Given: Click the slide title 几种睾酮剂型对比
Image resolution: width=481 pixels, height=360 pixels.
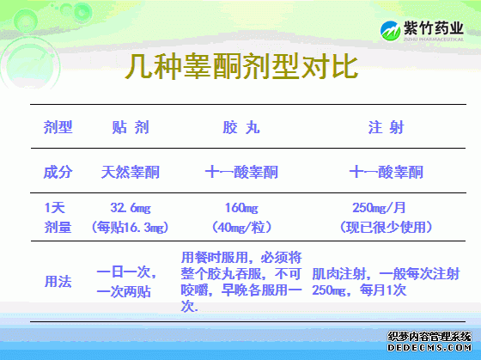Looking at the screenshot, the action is [x=241, y=66].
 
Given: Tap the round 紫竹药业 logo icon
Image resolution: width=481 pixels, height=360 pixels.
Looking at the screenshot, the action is [x=390, y=31].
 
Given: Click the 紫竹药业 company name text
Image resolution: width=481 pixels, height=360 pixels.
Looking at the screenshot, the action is [x=433, y=28].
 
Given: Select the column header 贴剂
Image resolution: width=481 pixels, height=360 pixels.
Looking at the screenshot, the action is [x=131, y=127].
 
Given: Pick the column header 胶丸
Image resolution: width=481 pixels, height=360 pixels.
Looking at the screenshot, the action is [x=241, y=127].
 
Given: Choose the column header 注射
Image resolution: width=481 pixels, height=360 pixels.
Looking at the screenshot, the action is [x=387, y=127].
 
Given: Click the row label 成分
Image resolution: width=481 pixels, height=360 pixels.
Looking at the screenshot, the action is [x=58, y=172].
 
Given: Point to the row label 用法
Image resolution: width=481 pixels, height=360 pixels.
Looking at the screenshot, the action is [x=58, y=281].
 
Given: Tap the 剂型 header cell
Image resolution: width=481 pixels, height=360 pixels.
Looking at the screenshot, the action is [x=58, y=127].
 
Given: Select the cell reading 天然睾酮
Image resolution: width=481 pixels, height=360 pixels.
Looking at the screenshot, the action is [x=131, y=172].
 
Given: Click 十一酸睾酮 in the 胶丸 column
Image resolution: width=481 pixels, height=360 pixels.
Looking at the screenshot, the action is [x=241, y=172].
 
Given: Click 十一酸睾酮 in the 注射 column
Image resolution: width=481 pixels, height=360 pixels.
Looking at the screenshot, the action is [x=387, y=172].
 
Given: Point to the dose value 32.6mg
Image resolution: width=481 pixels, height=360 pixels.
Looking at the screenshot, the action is [x=131, y=208].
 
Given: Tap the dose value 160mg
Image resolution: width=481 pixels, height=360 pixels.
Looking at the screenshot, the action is [x=241, y=208].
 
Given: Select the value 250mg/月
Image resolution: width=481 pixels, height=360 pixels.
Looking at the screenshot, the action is [x=379, y=208].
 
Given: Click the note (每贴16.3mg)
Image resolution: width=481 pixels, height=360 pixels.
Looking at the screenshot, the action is [x=130, y=228].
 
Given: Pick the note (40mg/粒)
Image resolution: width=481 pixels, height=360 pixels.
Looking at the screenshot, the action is [x=241, y=228].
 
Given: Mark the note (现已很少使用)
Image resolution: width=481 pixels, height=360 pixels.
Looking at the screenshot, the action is [x=387, y=228].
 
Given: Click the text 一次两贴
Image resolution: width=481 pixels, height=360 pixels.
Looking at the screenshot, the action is [x=124, y=291].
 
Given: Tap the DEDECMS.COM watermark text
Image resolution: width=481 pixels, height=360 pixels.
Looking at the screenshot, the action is [x=429, y=348].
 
